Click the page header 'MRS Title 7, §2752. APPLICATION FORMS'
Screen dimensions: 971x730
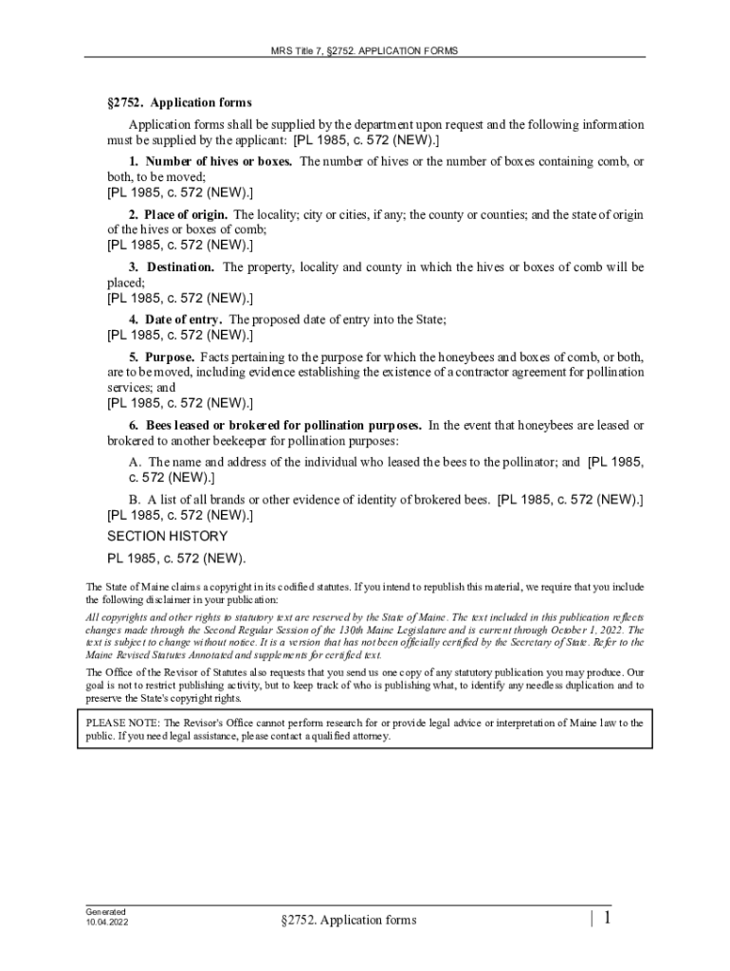[365, 49]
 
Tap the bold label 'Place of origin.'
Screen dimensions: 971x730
[186, 214]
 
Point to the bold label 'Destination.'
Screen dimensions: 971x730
[180, 267]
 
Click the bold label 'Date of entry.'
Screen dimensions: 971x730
[184, 320]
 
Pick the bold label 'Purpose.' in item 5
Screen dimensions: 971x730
[171, 357]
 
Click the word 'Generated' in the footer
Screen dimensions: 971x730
[105, 911]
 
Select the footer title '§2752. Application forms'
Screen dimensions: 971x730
[348, 920]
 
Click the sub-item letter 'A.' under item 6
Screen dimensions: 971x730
[137, 463]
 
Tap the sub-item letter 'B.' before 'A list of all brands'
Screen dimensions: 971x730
[137, 499]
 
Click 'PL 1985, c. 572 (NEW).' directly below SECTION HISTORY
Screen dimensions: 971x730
[176, 558]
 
